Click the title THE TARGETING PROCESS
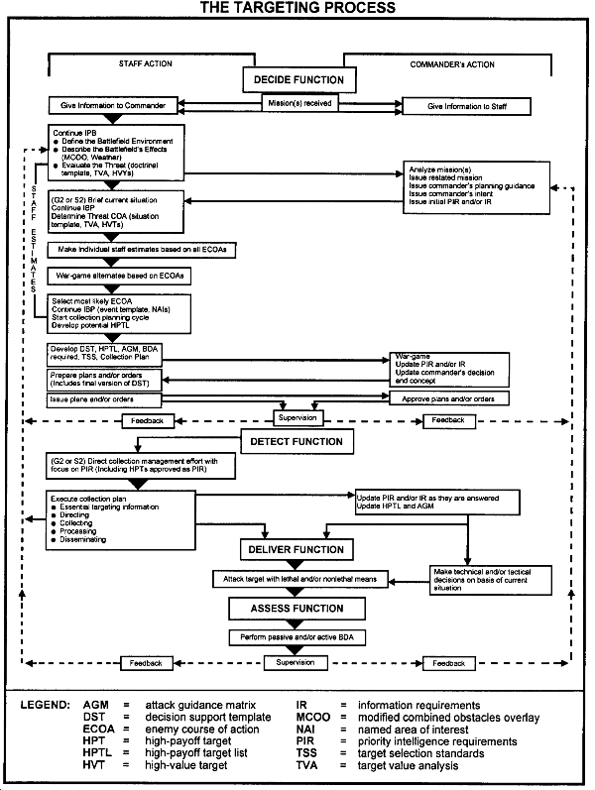coord(297,8)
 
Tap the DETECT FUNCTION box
coord(296,441)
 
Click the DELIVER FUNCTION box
coord(295,549)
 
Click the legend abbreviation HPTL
coord(98,753)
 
